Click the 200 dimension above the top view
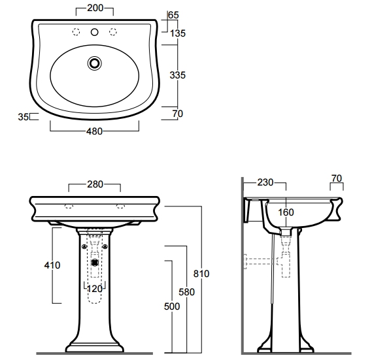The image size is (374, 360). [95, 8]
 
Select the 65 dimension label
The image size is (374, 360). [173, 15]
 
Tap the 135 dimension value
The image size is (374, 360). [178, 33]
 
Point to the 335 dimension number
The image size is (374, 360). [177, 75]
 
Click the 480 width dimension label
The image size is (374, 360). [94, 131]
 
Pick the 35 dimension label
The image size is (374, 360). [23, 117]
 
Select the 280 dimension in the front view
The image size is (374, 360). [95, 184]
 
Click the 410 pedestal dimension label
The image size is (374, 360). [52, 265]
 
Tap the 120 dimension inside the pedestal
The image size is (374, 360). [95, 289]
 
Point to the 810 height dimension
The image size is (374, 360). [201, 274]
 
